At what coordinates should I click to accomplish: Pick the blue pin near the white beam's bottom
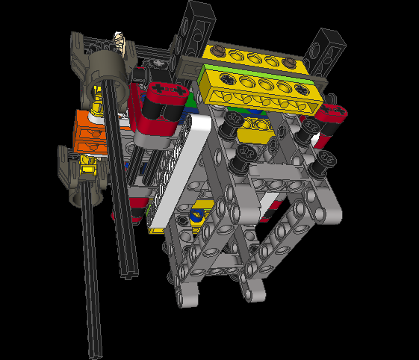pos(196,217)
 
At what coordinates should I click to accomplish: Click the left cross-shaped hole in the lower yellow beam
pos(225,78)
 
